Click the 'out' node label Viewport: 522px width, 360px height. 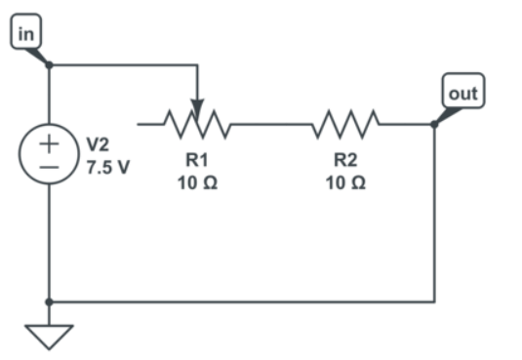[461, 94]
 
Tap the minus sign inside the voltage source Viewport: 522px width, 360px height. [49, 167]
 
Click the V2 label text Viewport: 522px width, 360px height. [99, 144]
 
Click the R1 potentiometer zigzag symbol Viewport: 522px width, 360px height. [198, 124]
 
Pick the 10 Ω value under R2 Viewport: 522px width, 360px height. [345, 182]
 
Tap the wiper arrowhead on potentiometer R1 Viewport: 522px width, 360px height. [198, 106]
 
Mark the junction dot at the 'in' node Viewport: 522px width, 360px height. [49, 65]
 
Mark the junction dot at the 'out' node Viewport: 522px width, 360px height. [434, 124]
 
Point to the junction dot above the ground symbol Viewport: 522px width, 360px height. [49, 301]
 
